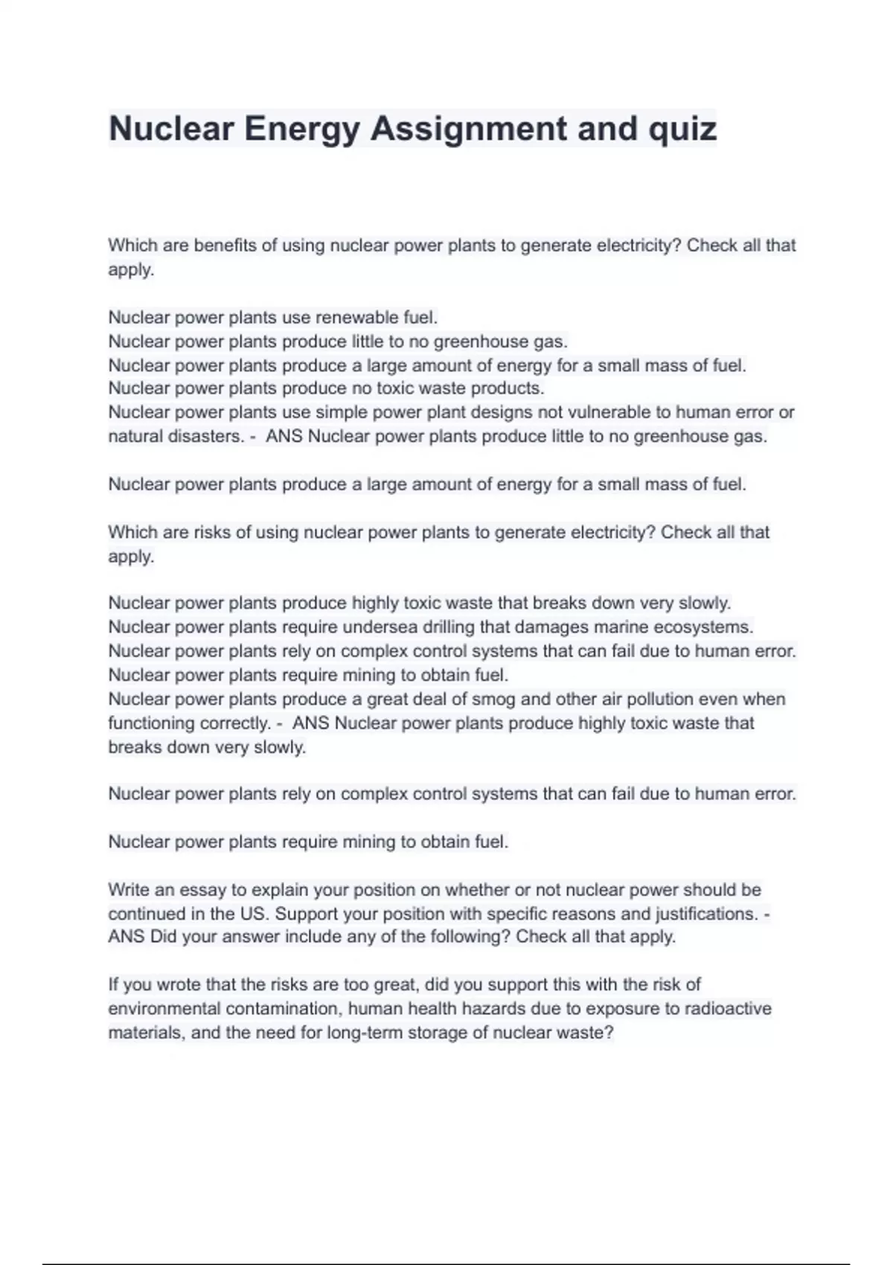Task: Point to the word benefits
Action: (225, 246)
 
